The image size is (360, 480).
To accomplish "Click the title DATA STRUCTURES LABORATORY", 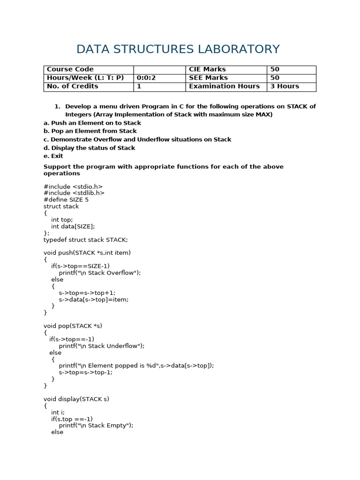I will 178,49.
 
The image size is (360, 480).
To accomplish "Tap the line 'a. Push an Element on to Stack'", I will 92,123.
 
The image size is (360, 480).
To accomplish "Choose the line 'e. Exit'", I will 53,156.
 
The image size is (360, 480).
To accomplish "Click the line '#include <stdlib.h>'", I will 74,193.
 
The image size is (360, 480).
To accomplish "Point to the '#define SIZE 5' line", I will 66,200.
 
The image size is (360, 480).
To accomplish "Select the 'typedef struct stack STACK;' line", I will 85,240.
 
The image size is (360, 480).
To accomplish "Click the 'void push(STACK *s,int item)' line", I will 87,253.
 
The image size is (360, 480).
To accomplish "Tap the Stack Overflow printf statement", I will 100,272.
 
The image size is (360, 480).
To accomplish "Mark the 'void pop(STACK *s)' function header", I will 73,326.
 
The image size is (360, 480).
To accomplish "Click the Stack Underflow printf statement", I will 102,346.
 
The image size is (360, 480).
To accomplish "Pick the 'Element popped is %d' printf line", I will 136,366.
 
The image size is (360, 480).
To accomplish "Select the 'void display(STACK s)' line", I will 76,399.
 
